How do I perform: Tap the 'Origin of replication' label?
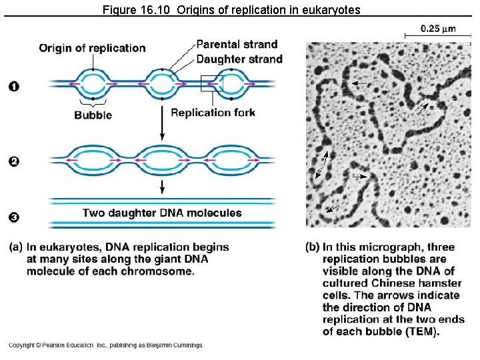click(92, 48)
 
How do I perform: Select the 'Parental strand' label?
click(237, 45)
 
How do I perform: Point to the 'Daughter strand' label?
click(239, 59)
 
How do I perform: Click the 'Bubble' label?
click(93, 115)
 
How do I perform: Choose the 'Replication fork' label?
click(213, 112)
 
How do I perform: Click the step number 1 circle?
click(14, 85)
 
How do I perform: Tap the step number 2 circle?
click(14, 161)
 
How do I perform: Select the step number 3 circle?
click(14, 217)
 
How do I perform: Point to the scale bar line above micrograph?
click(437, 36)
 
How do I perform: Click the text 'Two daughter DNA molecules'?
click(162, 213)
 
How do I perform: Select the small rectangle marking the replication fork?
click(211, 84)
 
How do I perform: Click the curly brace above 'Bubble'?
click(93, 103)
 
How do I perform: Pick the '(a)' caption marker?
click(16, 247)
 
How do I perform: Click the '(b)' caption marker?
click(313, 247)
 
